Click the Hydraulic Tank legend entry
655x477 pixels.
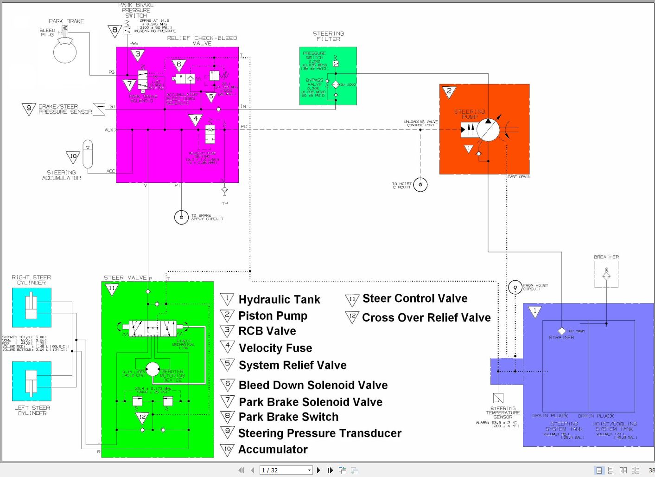279,300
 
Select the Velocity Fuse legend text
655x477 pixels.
275,348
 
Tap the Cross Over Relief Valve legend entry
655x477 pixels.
426,318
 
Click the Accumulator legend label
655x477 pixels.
273,450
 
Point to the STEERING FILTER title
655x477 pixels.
328,36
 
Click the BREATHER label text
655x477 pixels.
606,257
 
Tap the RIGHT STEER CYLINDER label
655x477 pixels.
31,280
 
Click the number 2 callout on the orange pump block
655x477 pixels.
448,91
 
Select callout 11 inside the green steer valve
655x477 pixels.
112,289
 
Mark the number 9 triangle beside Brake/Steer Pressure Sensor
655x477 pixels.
29,109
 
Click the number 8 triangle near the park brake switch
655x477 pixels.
114,31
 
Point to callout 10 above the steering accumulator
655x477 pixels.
73,157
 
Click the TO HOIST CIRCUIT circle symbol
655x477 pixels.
420,185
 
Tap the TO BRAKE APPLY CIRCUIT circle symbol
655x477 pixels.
181,217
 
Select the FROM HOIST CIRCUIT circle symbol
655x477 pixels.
515,287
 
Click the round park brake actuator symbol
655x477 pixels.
65,51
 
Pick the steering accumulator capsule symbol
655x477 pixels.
88,154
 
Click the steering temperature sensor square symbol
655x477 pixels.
498,398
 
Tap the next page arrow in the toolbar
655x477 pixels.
318,470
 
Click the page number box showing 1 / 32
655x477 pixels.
286,470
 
